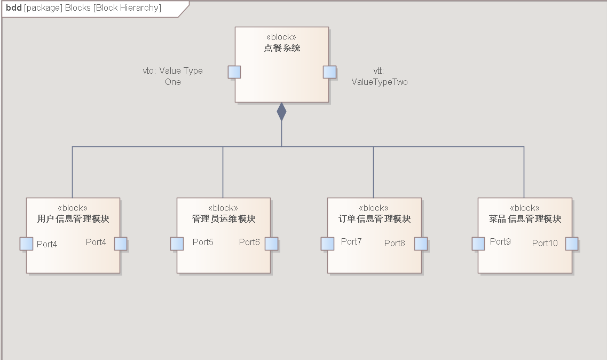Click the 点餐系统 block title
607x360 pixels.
[282, 48]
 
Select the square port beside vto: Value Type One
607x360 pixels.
[234, 72]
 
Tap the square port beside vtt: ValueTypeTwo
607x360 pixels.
[329, 72]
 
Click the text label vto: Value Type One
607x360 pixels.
[173, 76]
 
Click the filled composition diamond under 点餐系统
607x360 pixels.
[281, 112]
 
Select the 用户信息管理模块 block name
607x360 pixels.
[73, 219]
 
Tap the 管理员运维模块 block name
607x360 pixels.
[224, 219]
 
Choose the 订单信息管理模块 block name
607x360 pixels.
[374, 219]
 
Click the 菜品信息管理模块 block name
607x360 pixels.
[525, 219]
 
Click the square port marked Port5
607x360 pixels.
[177, 244]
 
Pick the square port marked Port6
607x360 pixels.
[271, 244]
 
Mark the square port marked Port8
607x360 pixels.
[421, 244]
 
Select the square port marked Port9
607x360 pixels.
[478, 244]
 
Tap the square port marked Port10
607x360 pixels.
[572, 244]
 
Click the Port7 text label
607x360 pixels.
[351, 241]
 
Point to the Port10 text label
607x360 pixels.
[545, 243]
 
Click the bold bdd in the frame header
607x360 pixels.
[14, 8]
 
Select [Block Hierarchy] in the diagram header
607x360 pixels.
[127, 8]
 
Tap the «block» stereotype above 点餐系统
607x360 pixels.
[281, 37]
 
